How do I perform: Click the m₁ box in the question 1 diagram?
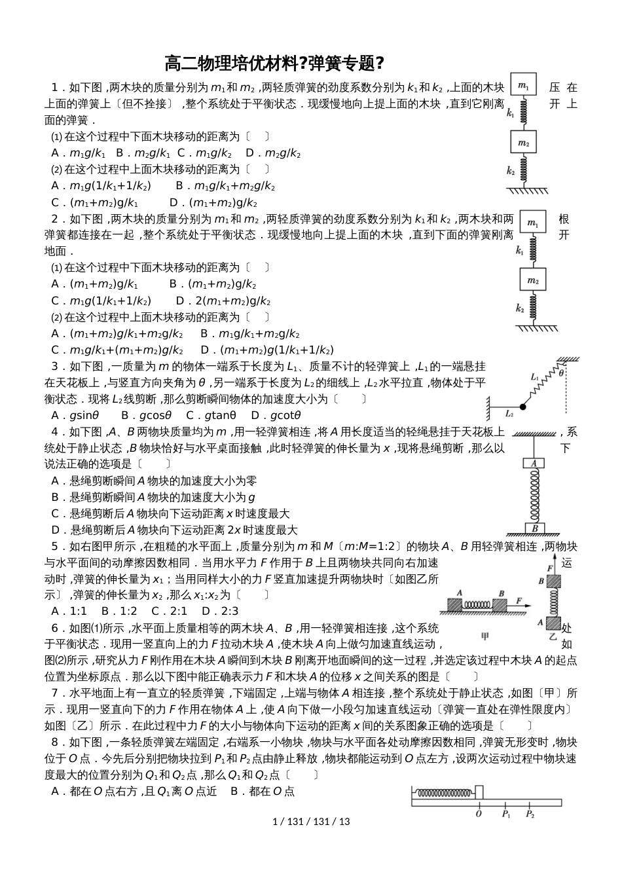tap(523, 86)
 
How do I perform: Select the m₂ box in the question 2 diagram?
tap(532, 281)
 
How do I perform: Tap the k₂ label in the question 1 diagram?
tap(511, 171)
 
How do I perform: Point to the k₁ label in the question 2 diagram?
tap(519, 250)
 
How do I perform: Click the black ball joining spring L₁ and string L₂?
tap(522, 405)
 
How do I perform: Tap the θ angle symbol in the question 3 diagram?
tap(561, 373)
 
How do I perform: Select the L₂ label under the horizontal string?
tap(509, 414)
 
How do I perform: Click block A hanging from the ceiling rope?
tap(534, 464)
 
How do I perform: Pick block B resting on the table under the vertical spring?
tap(534, 528)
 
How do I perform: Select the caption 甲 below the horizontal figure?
tap(485, 636)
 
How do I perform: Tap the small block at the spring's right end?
tap(479, 792)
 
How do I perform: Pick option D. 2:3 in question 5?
tap(220, 611)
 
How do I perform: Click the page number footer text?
tap(311, 821)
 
